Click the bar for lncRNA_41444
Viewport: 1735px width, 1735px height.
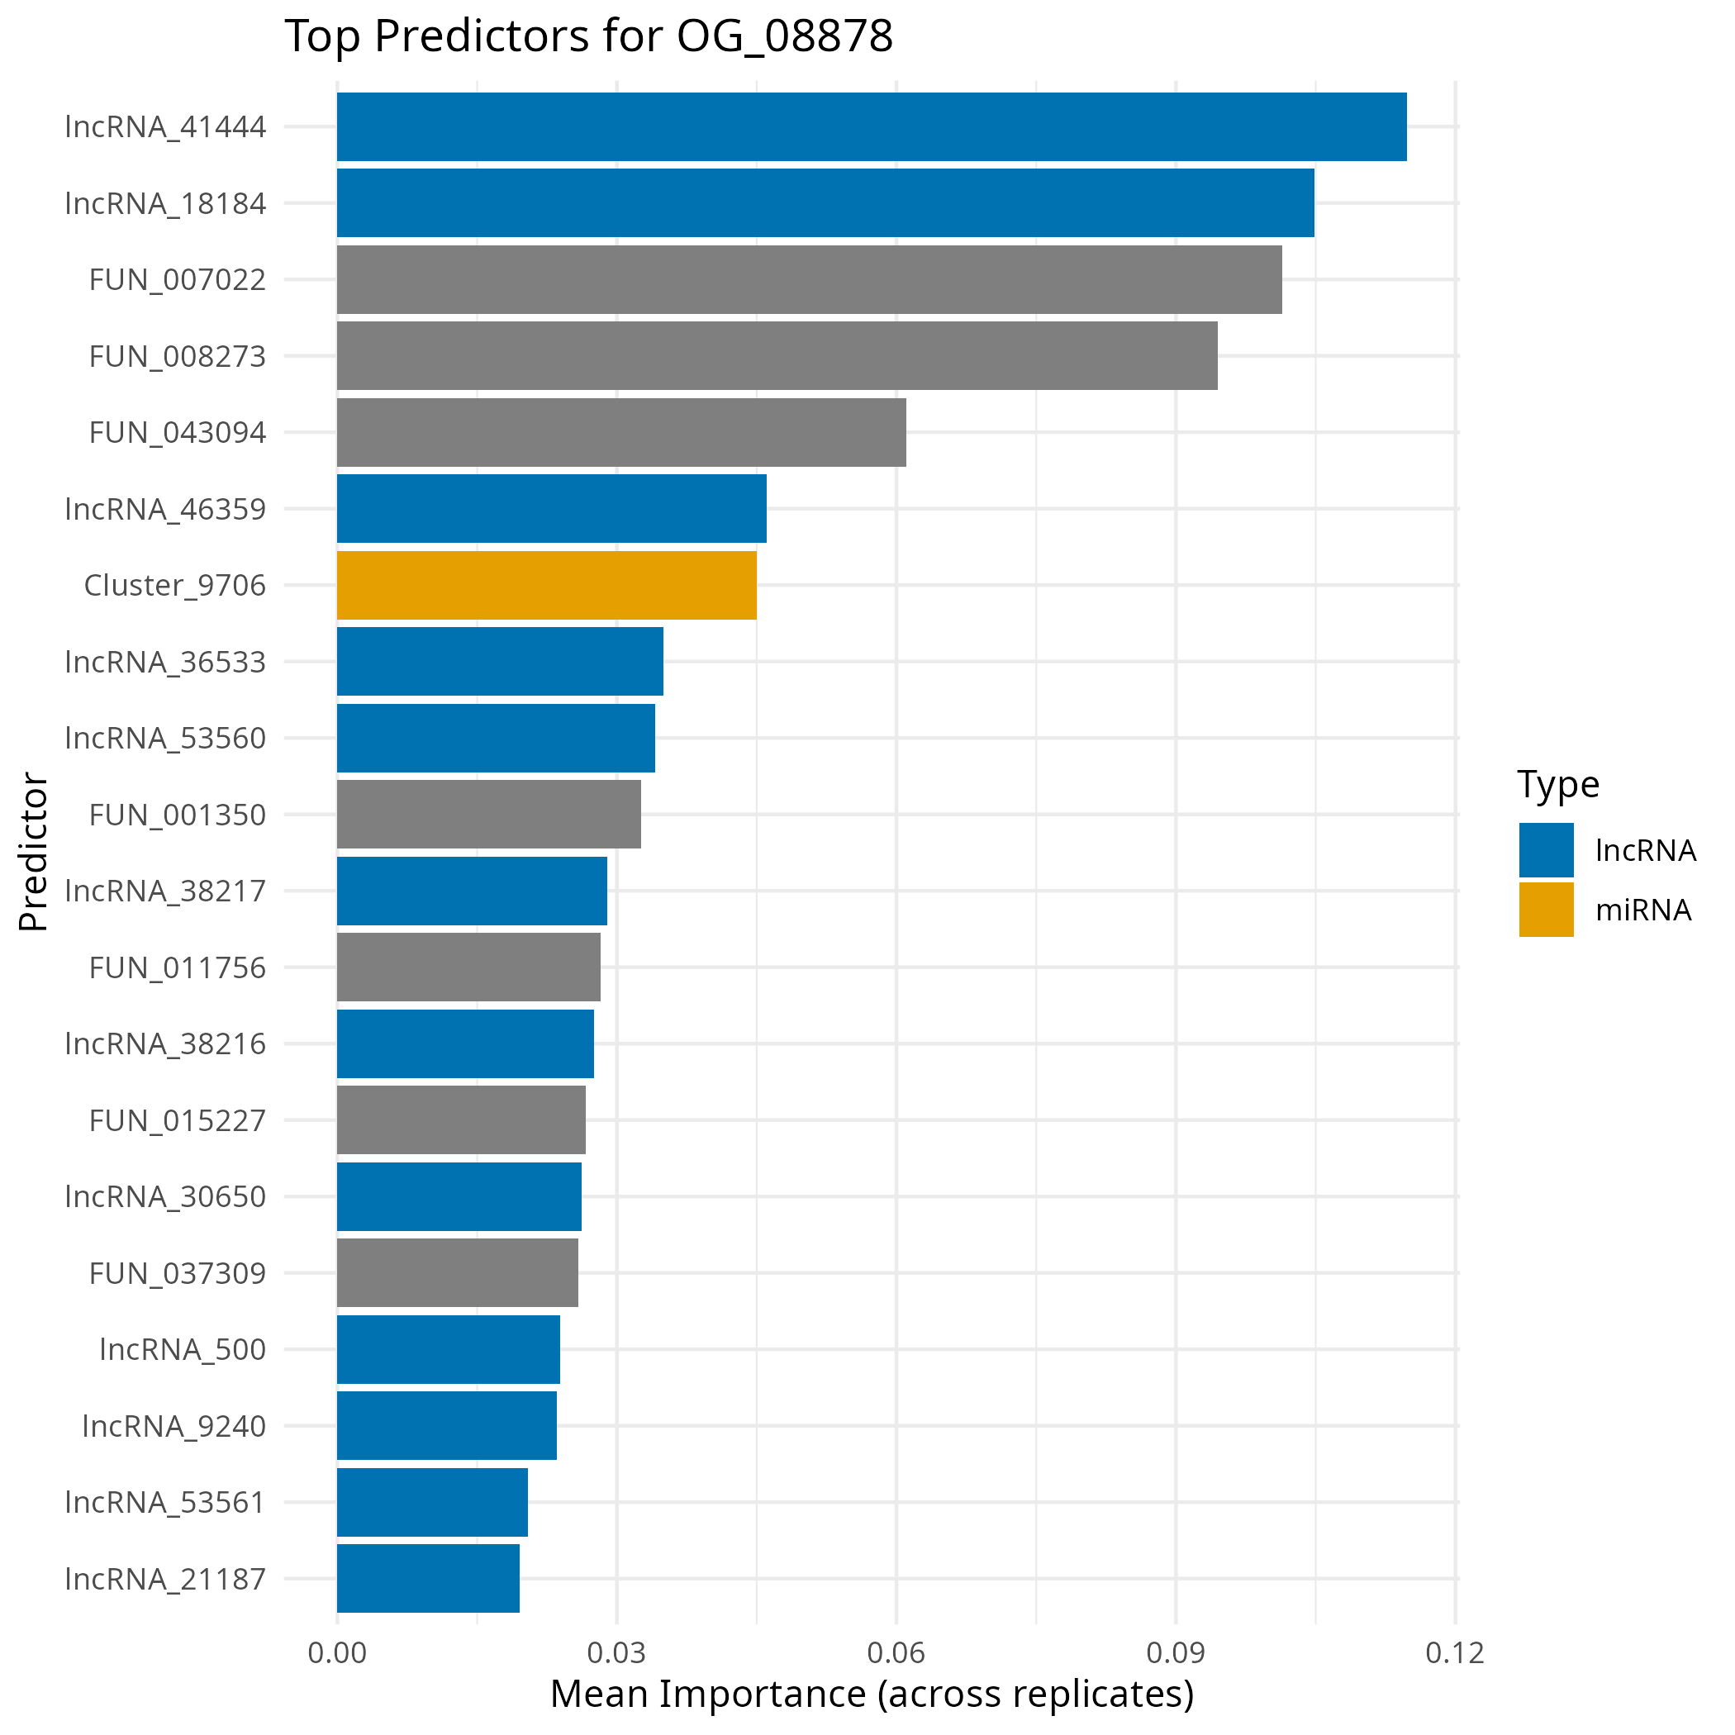point(871,126)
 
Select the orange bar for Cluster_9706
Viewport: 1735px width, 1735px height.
point(546,585)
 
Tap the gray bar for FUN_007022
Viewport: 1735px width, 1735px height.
point(808,279)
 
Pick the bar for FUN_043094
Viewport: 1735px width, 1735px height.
point(620,432)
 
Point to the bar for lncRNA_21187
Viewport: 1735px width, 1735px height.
point(427,1578)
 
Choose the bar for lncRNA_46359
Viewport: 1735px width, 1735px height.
point(551,508)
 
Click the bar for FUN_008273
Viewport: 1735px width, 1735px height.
point(777,355)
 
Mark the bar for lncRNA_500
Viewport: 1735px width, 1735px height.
point(448,1349)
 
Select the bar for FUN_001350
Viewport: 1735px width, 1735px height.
point(488,814)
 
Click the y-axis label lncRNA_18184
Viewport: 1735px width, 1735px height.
point(166,204)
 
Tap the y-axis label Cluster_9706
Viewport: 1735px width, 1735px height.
point(175,586)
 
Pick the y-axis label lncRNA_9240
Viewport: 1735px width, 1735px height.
point(174,1426)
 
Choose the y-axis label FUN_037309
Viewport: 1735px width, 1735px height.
point(178,1273)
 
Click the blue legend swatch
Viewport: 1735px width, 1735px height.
point(1546,849)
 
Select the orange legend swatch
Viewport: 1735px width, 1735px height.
point(1546,909)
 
